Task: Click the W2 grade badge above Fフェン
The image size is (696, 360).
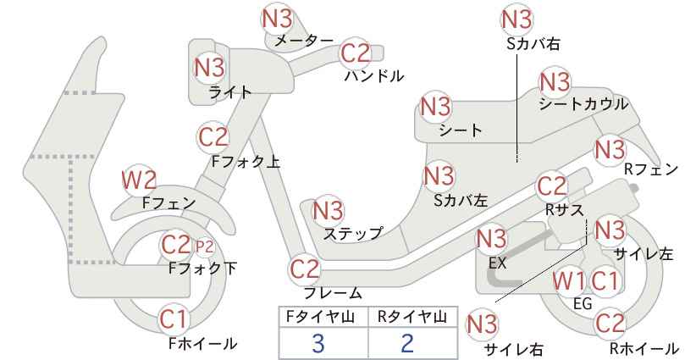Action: click(x=140, y=180)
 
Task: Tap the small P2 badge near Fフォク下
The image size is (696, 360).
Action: click(x=205, y=247)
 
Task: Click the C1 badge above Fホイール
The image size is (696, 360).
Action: click(x=174, y=318)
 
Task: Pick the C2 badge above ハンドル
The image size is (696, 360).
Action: click(x=356, y=53)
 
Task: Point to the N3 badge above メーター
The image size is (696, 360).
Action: click(x=277, y=19)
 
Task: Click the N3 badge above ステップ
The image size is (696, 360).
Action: click(x=329, y=210)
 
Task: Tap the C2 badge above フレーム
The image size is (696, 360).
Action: click(x=305, y=269)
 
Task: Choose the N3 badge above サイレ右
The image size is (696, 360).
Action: click(x=482, y=325)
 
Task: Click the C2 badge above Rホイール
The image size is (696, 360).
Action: click(x=609, y=324)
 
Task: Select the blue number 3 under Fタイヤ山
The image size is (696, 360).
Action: click(x=318, y=343)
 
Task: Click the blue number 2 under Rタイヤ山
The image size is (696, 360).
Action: click(x=407, y=343)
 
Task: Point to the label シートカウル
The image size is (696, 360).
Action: click(x=583, y=104)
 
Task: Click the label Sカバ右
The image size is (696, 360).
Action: click(x=533, y=43)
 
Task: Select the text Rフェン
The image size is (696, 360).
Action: click(x=651, y=169)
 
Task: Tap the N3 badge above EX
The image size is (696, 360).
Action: click(x=491, y=240)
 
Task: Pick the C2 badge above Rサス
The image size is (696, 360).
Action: click(x=553, y=187)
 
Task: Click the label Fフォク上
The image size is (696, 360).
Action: click(x=246, y=162)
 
